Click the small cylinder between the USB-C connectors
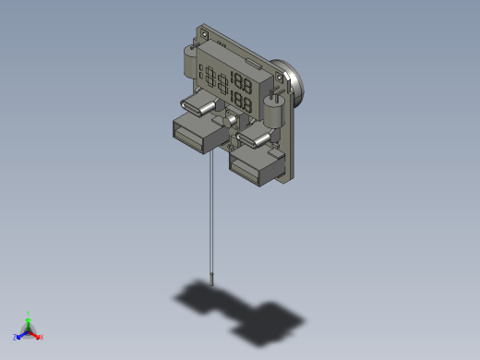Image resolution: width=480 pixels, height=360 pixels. (x=230, y=120)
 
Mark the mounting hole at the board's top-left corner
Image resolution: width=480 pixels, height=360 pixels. (x=202, y=33)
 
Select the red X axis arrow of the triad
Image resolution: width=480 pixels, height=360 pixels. (x=38, y=336)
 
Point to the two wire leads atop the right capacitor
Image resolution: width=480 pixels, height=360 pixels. (x=274, y=93)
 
